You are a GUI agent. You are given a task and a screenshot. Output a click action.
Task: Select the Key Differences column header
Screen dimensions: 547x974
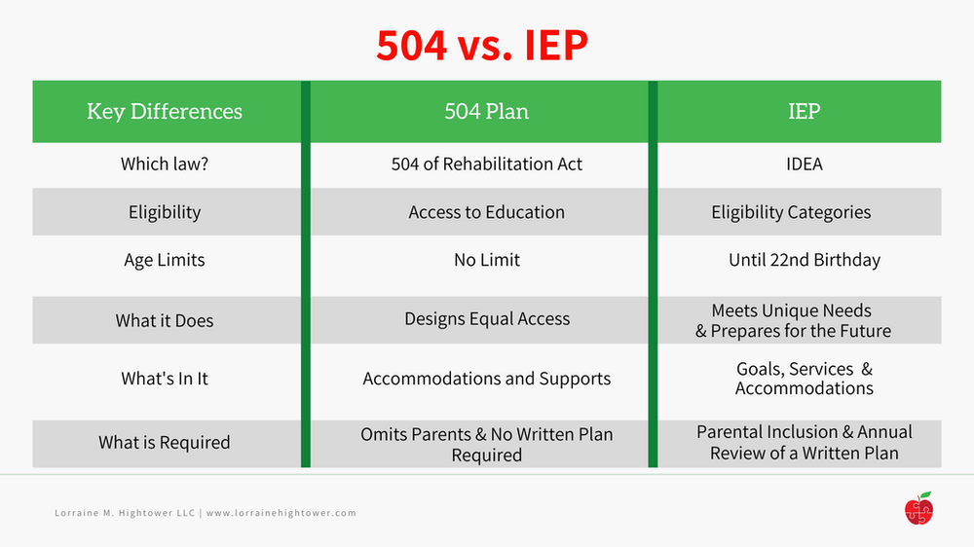click(165, 111)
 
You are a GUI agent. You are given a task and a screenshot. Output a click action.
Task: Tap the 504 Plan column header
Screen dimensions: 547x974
click(486, 111)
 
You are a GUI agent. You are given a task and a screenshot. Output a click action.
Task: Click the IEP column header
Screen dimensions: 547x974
click(804, 111)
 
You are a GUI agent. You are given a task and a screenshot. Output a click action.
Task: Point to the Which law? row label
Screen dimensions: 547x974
click(165, 164)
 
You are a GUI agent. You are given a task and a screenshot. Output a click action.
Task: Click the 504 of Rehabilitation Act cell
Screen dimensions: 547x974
click(486, 164)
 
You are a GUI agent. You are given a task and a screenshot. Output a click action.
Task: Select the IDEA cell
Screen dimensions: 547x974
click(804, 164)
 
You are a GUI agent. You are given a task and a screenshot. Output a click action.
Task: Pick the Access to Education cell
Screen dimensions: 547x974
click(486, 212)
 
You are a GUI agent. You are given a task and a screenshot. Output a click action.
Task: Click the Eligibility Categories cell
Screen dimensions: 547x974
click(791, 212)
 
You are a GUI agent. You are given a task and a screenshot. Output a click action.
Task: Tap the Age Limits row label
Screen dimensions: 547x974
click(165, 260)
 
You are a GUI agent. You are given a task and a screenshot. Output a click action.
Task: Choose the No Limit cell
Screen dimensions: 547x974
click(486, 260)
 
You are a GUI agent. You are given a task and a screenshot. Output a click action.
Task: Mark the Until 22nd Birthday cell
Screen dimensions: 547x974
click(804, 260)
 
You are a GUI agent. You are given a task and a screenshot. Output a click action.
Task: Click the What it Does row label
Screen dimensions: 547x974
click(165, 320)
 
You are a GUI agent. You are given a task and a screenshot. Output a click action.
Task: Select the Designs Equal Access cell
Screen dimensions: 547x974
click(486, 319)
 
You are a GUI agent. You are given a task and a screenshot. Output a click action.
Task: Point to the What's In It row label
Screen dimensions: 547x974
click(165, 379)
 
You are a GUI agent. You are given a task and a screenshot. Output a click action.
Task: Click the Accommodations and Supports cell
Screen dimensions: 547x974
click(486, 379)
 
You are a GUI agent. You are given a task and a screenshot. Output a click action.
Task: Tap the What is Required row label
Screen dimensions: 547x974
click(165, 442)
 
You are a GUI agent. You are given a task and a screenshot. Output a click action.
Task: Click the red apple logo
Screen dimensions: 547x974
click(918, 508)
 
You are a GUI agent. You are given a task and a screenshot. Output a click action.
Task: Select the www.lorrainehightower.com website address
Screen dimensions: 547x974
click(281, 513)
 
